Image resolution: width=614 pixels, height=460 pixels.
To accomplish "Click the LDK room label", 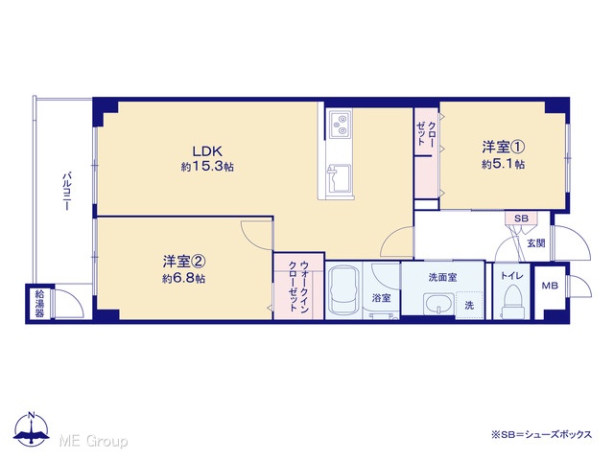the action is [207, 150].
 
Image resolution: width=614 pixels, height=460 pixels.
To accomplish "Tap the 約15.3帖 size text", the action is [207, 167].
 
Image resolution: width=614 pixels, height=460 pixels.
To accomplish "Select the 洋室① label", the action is [503, 147].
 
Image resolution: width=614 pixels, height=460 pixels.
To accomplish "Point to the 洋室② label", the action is [184, 262].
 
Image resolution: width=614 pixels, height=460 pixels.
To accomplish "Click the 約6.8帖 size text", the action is [184, 279].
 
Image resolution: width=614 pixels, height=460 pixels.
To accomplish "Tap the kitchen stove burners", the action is [339, 125].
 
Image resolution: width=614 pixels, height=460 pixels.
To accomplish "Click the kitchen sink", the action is [340, 179].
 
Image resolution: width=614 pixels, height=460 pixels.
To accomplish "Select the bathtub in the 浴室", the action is [343, 289].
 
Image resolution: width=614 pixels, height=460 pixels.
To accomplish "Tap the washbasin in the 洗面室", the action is [438, 304].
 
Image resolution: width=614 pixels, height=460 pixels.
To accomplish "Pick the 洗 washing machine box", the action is [469, 305].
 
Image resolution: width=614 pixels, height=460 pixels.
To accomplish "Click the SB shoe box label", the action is [521, 218].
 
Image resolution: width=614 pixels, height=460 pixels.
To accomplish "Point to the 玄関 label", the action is [535, 242].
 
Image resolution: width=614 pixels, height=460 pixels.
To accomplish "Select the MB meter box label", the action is [550, 286].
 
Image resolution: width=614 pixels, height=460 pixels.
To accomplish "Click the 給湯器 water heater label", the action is [39, 303].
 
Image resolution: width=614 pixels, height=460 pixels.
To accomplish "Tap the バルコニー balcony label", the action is [67, 191].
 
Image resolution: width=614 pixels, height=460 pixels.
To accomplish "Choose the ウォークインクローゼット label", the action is [298, 286].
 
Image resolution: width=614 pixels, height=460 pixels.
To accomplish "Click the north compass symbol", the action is [32, 428].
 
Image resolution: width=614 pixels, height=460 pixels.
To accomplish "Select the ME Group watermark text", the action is [94, 441].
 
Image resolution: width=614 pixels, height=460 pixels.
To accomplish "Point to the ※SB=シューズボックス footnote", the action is [541, 434].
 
